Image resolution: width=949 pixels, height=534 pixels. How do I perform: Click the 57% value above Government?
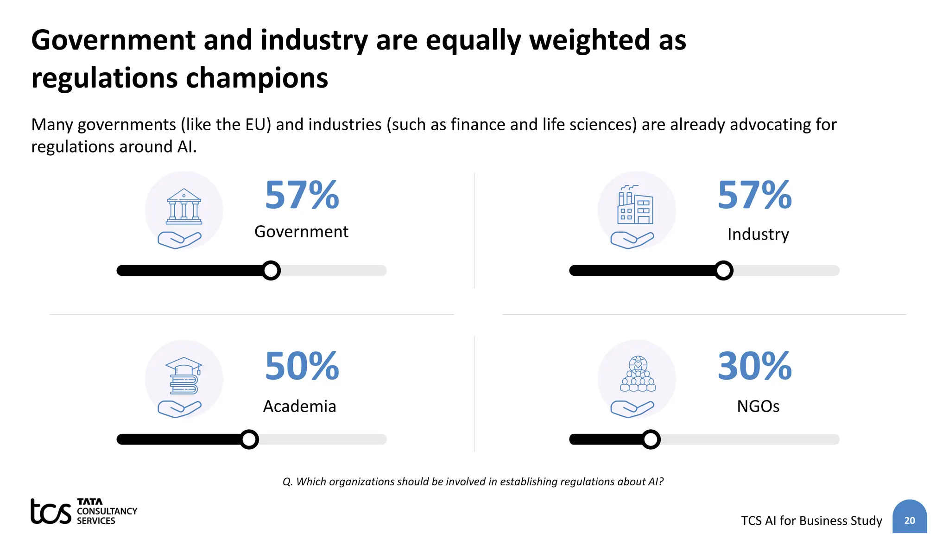[x=302, y=195]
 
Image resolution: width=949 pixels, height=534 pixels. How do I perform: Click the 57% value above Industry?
[x=755, y=195]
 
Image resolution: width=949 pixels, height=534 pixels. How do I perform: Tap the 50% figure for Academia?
[x=302, y=366]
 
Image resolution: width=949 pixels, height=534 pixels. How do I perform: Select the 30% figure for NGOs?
[x=755, y=366]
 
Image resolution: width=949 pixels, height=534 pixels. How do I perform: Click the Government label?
[x=301, y=231]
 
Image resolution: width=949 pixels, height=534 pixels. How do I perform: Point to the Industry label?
[x=758, y=234]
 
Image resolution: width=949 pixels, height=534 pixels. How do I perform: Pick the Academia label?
[x=299, y=406]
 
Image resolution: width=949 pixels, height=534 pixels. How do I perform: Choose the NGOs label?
[x=758, y=406]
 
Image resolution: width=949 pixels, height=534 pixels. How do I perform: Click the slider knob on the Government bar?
[x=271, y=270]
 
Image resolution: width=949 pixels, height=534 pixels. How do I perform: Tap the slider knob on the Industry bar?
[x=723, y=270]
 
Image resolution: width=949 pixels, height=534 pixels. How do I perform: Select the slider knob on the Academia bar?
[x=249, y=439]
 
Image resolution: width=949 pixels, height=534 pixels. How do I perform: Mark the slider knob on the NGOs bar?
[x=651, y=439]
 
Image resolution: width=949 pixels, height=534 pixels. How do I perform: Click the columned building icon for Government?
[x=184, y=206]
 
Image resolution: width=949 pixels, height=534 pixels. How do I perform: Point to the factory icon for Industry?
[x=635, y=205]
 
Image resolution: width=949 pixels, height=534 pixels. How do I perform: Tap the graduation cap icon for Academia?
[x=183, y=375]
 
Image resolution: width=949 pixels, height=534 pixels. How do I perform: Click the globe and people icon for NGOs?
[x=638, y=374]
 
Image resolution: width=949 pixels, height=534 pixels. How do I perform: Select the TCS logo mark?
[x=51, y=511]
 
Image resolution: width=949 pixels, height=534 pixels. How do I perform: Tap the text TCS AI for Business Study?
[x=811, y=521]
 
